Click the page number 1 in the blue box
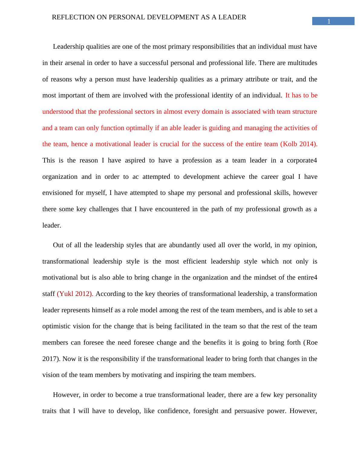(329, 21)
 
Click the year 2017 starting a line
(50, 359)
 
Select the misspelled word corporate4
(302, 160)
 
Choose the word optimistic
(56, 326)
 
